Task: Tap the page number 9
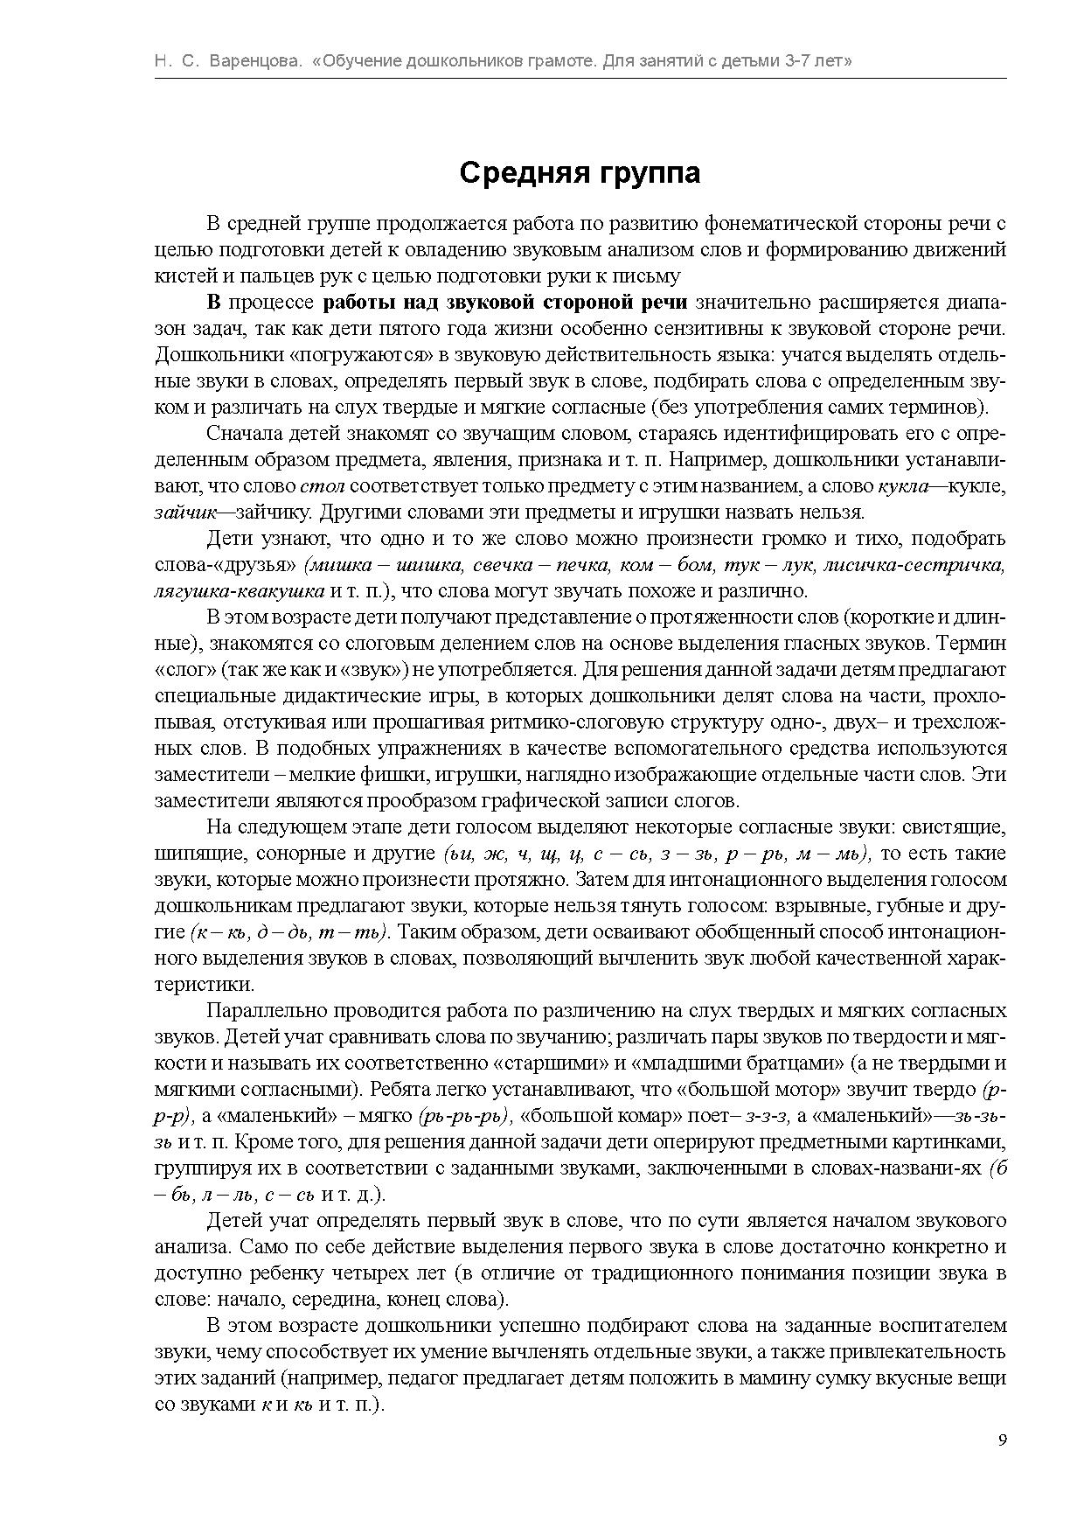tap(1002, 1440)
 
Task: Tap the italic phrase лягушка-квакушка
tap(240, 590)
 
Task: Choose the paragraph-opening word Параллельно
tap(268, 1010)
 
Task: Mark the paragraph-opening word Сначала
tap(240, 433)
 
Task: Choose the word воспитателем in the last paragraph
tap(949, 1325)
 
